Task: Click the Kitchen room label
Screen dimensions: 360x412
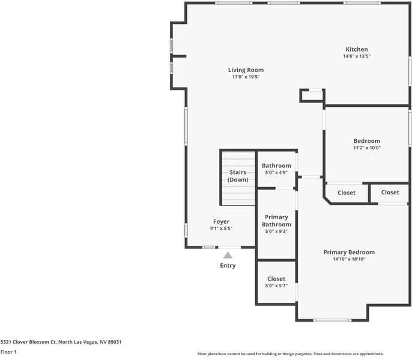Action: pyautogui.click(x=356, y=49)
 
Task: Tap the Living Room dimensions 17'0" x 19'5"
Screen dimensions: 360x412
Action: pyautogui.click(x=246, y=77)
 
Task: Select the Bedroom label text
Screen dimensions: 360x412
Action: pyautogui.click(x=366, y=141)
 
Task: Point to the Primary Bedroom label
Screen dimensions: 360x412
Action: pyautogui.click(x=349, y=252)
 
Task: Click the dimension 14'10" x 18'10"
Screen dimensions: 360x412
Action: pyautogui.click(x=349, y=259)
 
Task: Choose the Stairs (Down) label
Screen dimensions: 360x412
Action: pyautogui.click(x=238, y=176)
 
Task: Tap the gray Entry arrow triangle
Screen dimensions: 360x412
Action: pyautogui.click(x=228, y=255)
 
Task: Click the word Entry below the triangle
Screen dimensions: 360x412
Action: pyautogui.click(x=228, y=266)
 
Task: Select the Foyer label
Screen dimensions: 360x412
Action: pyautogui.click(x=221, y=221)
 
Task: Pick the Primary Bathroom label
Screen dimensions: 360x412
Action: pyautogui.click(x=276, y=220)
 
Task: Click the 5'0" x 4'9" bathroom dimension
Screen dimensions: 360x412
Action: pyautogui.click(x=276, y=173)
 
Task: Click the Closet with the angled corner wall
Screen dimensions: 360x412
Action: pyautogui.click(x=346, y=193)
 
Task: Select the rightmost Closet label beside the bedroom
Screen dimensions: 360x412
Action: pyautogui.click(x=390, y=192)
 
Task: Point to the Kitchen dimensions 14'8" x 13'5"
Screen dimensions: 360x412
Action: pyautogui.click(x=356, y=56)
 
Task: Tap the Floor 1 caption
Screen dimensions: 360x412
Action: pyautogui.click(x=8, y=352)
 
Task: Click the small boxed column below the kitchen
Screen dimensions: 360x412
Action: pyautogui.click(x=312, y=95)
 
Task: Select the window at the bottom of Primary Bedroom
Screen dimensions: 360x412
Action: pyautogui.click(x=332, y=320)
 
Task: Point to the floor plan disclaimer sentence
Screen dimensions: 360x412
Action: pyautogui.click(x=290, y=354)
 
